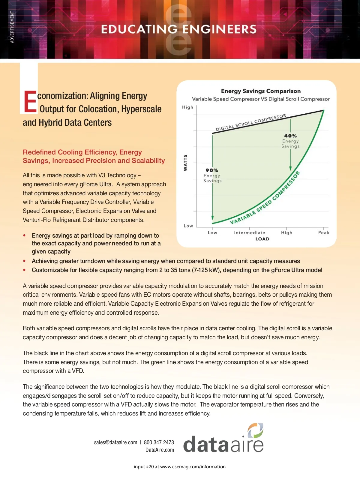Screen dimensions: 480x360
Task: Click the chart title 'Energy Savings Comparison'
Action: [x=261, y=91]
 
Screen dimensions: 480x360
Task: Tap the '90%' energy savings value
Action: [x=212, y=170]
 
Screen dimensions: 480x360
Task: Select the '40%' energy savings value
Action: [x=290, y=136]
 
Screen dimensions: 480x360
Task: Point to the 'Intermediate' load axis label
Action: [x=250, y=232]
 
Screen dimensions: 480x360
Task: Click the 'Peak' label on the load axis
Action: [x=324, y=232]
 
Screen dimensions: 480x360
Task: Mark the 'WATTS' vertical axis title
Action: [x=185, y=163]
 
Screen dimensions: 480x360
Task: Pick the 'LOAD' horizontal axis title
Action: [x=262, y=239]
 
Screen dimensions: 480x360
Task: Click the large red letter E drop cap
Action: [x=30, y=102]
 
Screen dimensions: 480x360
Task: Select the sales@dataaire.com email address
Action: [x=115, y=442]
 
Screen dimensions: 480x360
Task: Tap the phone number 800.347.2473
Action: [x=159, y=442]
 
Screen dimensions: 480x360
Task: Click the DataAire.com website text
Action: [x=160, y=450]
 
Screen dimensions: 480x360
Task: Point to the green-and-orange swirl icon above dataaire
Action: [x=255, y=431]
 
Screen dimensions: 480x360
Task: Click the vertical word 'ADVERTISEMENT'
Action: [x=12, y=27]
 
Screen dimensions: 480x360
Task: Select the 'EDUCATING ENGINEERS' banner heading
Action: [x=179, y=29]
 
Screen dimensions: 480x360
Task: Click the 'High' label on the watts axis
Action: [x=187, y=107]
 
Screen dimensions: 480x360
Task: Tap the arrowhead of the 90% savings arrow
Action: [x=212, y=218]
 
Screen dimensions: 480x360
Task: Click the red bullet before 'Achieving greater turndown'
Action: [x=25, y=261]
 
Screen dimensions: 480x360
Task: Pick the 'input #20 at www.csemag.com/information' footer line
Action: [x=180, y=466]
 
